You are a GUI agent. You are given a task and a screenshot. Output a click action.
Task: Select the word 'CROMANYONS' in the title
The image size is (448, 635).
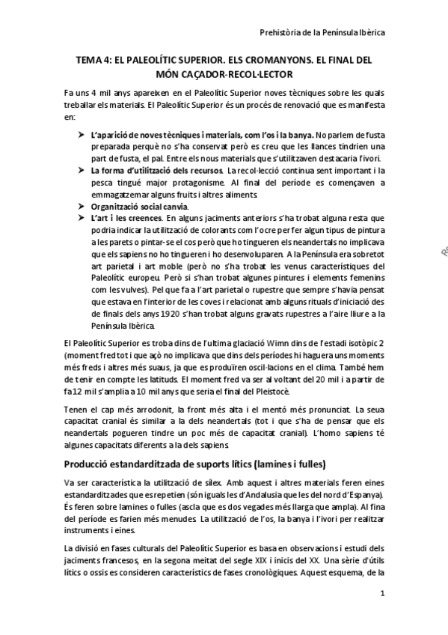(257, 59)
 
